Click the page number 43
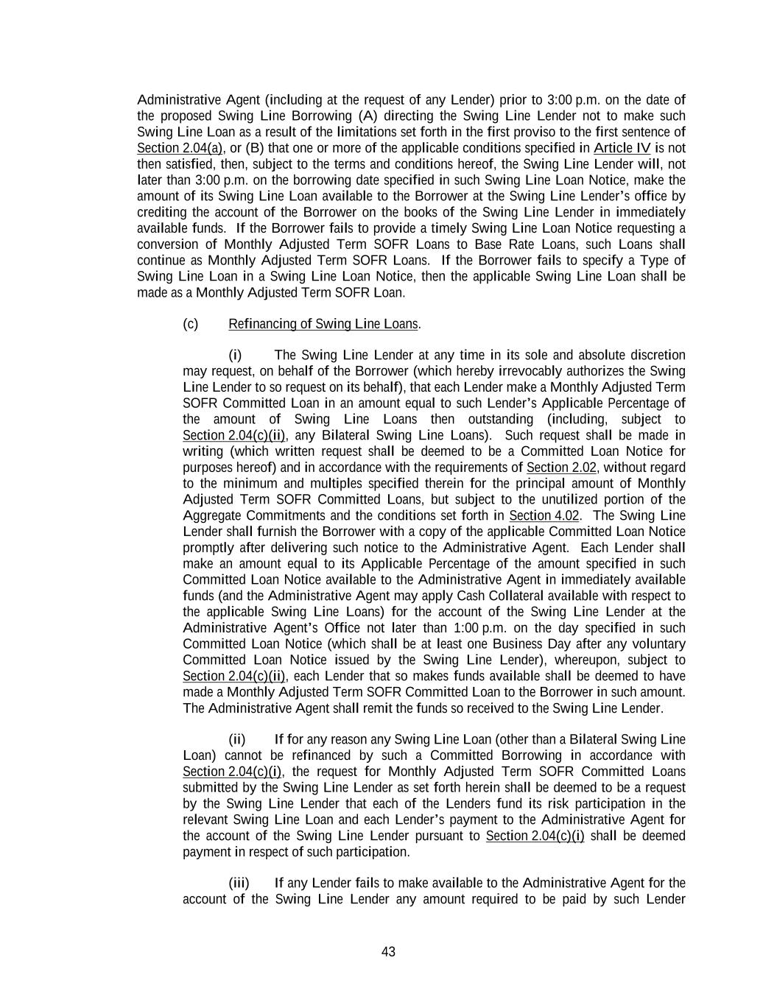coord(388,951)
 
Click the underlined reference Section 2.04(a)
coord(180,148)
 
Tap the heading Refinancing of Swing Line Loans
coord(323,324)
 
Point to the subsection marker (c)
coord(191,324)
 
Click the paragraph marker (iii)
coord(239,883)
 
